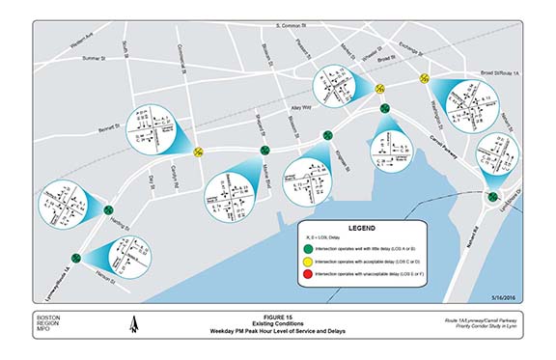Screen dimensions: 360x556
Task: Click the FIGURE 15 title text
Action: pyautogui.click(x=277, y=317)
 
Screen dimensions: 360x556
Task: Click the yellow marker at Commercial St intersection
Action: pyautogui.click(x=198, y=152)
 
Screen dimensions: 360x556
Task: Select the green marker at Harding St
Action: pyautogui.click(x=107, y=208)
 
